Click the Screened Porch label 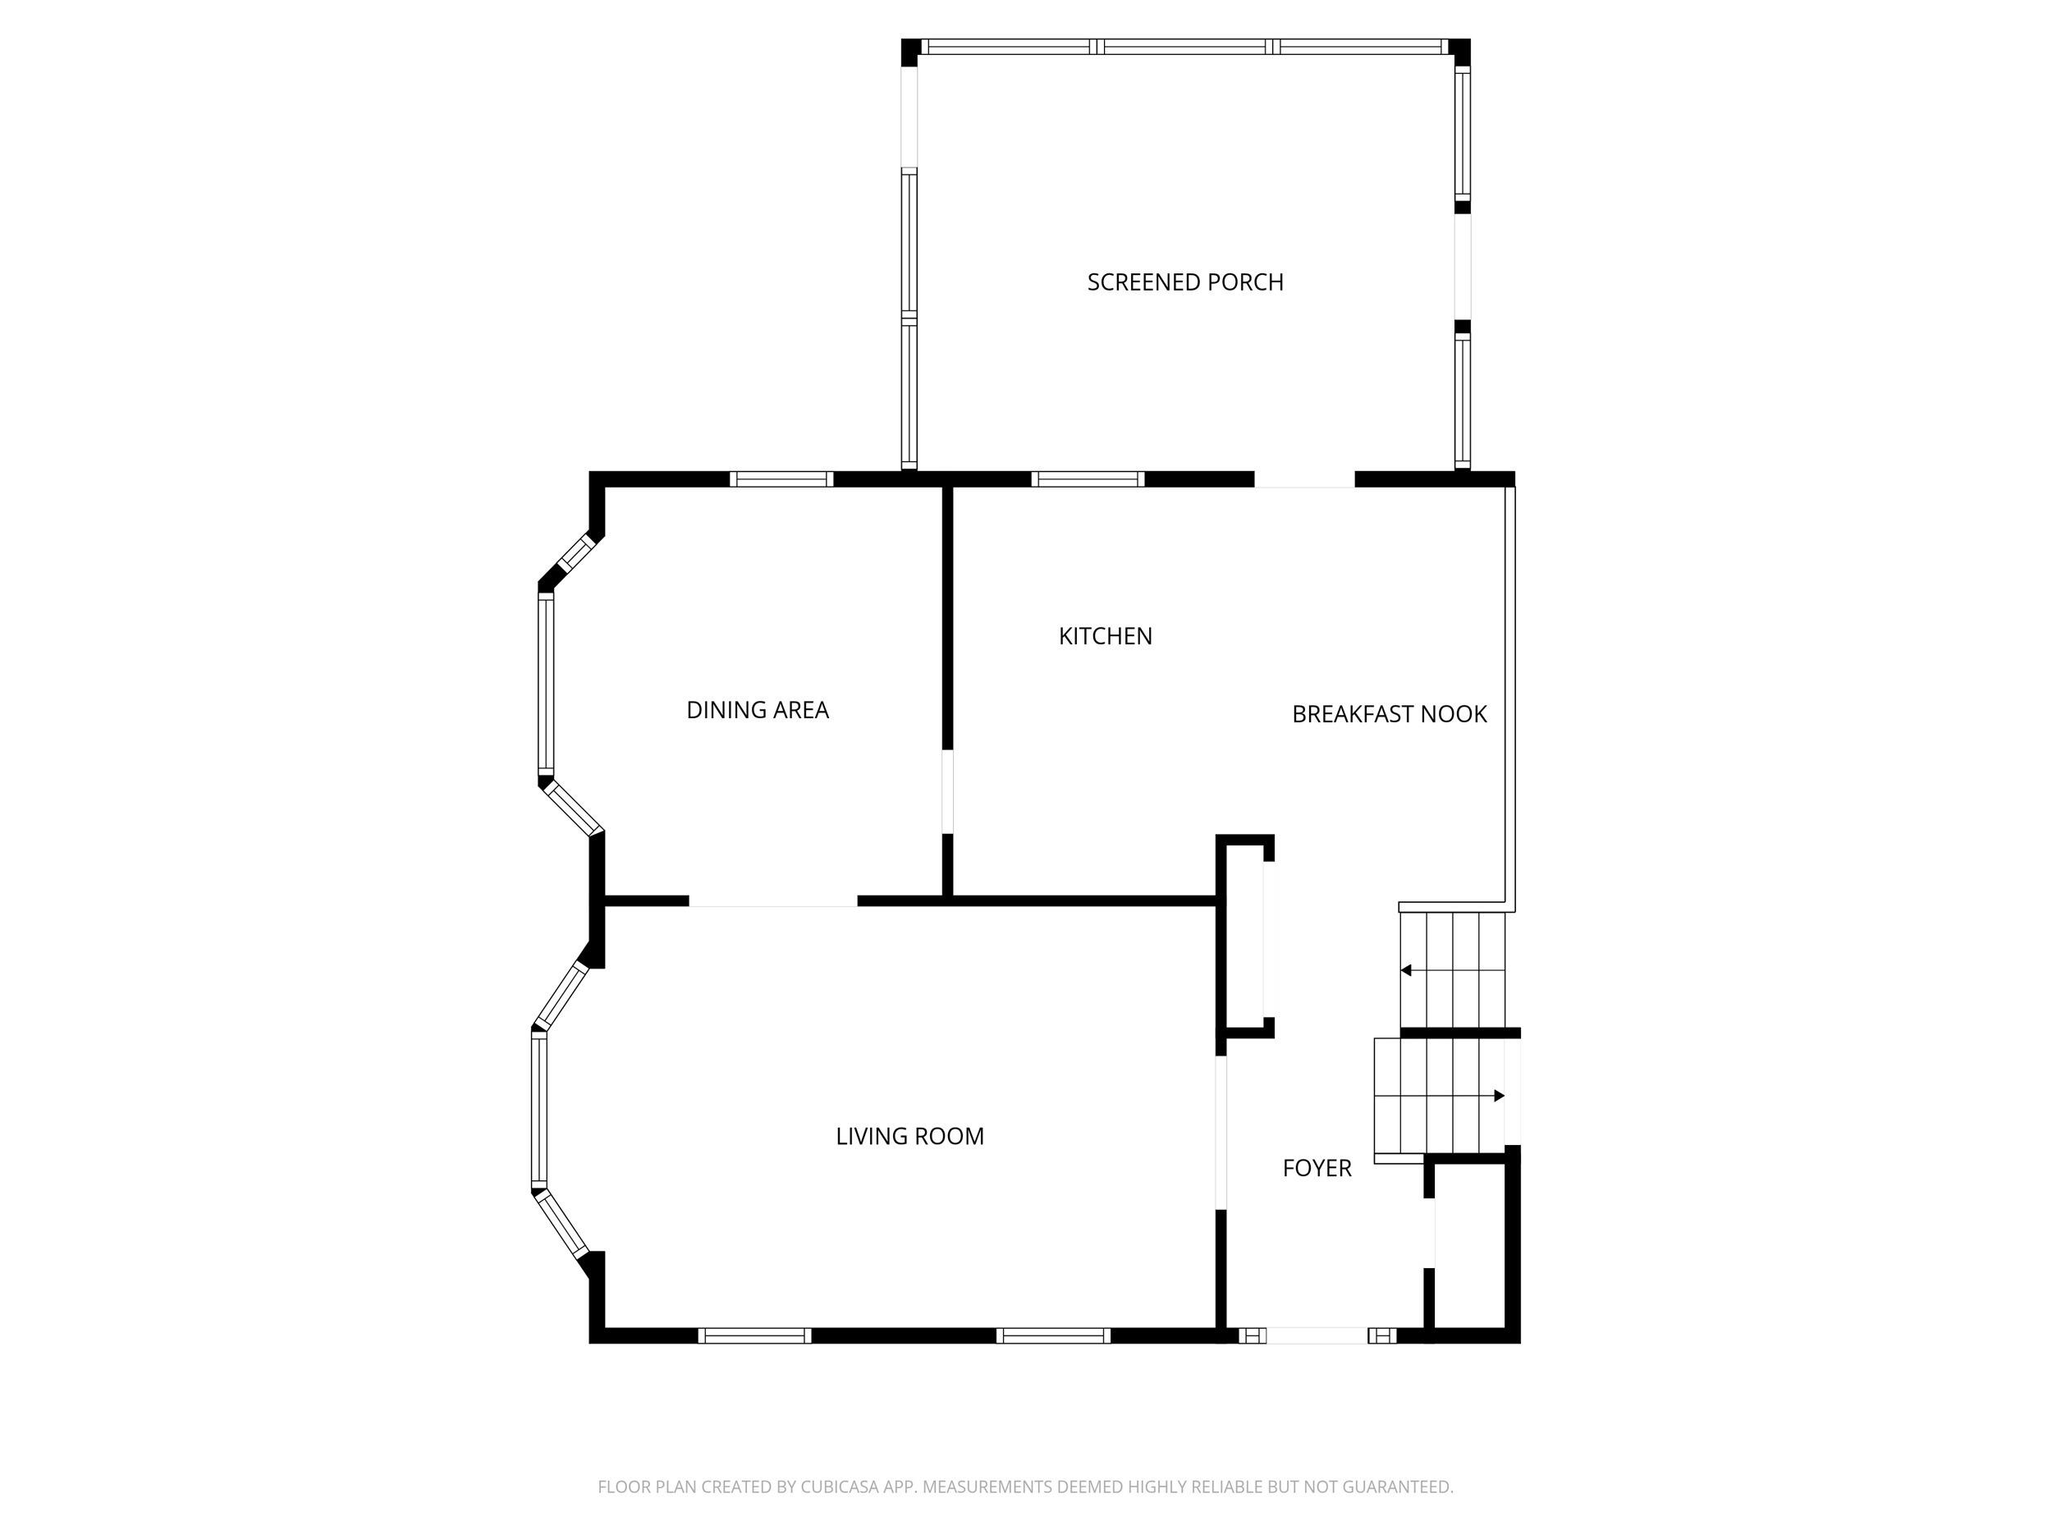pos(1184,282)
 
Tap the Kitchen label pos(1105,636)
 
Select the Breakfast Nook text pos(1389,714)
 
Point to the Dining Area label pos(757,711)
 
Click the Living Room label pos(909,1136)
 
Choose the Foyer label pos(1317,1168)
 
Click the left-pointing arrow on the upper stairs pos(1406,970)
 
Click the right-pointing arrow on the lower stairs pos(1499,1096)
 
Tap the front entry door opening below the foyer pos(1317,1335)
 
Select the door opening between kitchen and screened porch pos(1304,479)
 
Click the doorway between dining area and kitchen pos(947,791)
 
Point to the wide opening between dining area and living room pos(772,900)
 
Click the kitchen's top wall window pos(1088,479)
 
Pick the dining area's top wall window pos(781,479)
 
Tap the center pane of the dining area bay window pos(547,685)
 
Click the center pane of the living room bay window pos(539,1110)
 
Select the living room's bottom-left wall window pos(754,1335)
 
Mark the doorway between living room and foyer pos(1221,1133)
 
